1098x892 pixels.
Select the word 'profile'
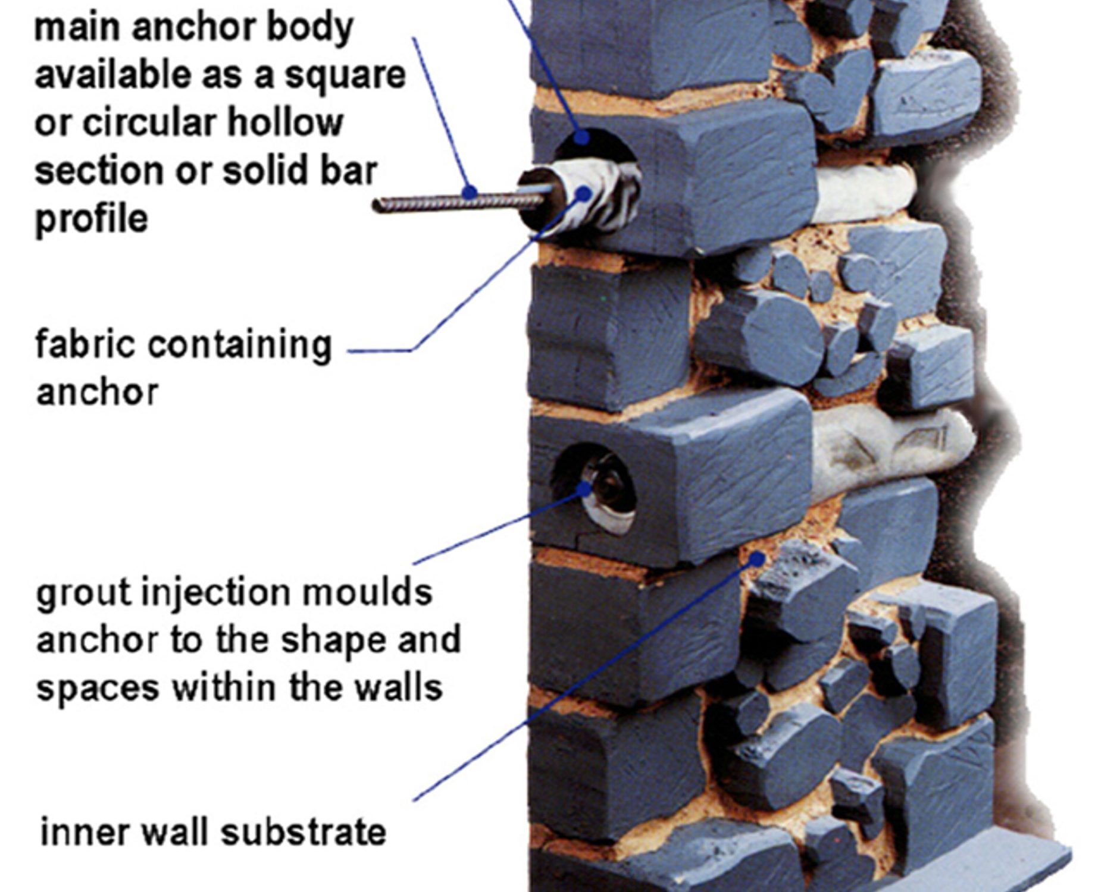click(x=91, y=219)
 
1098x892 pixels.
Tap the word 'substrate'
click(x=304, y=832)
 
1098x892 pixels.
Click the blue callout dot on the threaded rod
click(x=470, y=192)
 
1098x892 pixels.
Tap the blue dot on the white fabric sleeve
click(x=584, y=193)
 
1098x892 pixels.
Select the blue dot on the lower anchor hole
click(x=585, y=489)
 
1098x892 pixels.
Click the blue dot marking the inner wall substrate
click(x=756, y=559)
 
